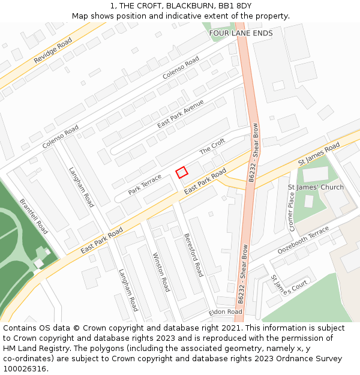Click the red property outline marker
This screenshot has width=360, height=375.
click(182, 172)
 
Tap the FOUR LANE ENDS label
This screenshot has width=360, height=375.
click(241, 33)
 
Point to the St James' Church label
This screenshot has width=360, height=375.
click(316, 187)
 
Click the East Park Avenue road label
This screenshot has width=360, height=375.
click(181, 113)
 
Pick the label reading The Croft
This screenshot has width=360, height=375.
click(212, 146)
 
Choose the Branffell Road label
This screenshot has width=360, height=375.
click(34, 217)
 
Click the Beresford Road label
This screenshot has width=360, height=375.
click(193, 254)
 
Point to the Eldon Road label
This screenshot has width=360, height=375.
click(226, 312)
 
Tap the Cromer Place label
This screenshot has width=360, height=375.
click(292, 212)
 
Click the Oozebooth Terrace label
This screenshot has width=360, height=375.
click(303, 239)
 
